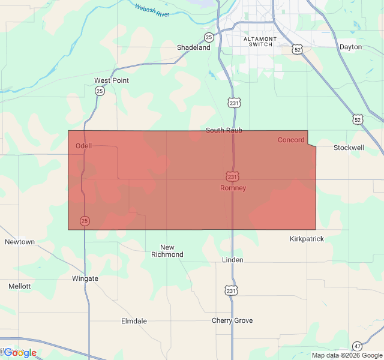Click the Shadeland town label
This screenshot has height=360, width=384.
coord(193,47)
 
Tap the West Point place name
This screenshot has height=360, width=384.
coord(112,80)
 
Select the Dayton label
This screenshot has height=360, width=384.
coord(350,47)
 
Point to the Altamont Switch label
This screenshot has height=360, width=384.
coord(260,41)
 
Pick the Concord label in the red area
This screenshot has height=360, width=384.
coord(291,140)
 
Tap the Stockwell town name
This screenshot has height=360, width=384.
coord(349,148)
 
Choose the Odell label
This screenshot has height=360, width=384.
coord(83,146)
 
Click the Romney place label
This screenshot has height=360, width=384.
coord(233,188)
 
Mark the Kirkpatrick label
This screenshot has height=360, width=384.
coord(307,239)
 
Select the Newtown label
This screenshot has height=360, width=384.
coord(20,242)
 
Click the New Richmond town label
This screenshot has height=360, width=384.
coord(167,251)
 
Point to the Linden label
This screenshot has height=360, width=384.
coord(232,260)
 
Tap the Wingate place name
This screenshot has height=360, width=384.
coord(85,278)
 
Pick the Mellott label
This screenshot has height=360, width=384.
coord(20,286)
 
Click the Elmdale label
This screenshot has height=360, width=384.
coord(134,321)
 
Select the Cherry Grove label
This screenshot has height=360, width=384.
coord(232,320)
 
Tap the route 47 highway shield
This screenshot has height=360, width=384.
coord(358,346)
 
